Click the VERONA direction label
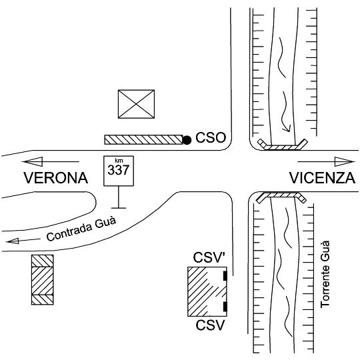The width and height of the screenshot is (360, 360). (56, 178)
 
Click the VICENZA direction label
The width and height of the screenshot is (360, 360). (322, 178)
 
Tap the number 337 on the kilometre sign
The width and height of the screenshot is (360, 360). (119, 170)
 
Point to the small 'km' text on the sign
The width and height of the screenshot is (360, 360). (119, 161)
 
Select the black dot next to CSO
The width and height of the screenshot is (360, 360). (187, 140)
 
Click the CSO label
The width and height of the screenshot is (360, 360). (211, 138)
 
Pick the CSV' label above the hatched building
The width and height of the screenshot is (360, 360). (209, 257)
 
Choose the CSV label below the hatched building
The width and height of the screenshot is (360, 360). (210, 325)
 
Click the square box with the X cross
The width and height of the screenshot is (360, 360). (136, 104)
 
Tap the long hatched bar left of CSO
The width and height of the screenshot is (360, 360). (144, 139)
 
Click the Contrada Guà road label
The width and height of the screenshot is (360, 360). (81, 229)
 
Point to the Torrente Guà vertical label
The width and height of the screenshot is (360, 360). (325, 274)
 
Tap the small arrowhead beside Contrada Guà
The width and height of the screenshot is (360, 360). (13, 241)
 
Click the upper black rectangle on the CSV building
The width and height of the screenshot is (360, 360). (225, 276)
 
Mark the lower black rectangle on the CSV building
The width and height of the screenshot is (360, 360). (225, 307)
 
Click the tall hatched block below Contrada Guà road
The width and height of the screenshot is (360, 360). (43, 279)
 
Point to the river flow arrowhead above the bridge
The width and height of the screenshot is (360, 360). (287, 129)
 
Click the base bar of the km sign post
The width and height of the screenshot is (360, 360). (119, 208)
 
